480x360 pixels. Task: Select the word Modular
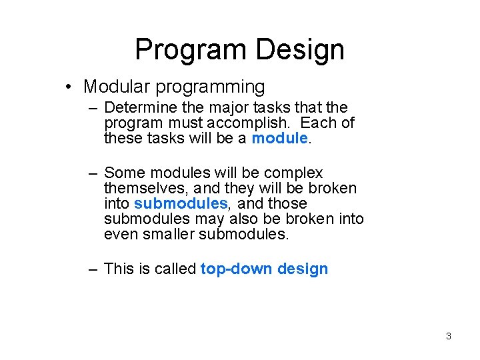[119, 87]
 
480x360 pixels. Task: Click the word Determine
[139, 107]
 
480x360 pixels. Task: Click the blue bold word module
[279, 138]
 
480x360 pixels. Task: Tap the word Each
[321, 123]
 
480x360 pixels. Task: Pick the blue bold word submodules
[180, 204]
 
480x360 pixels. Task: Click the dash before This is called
[95, 269]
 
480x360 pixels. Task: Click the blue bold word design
[303, 269]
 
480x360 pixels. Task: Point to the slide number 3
[448, 336]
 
